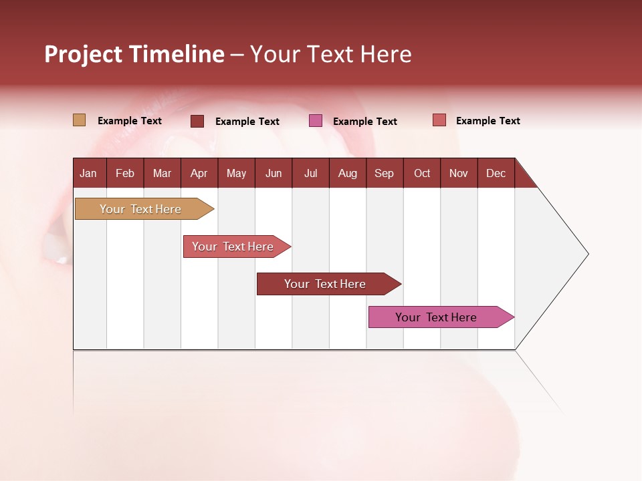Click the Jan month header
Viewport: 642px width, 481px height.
tap(88, 174)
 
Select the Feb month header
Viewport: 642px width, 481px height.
tap(125, 174)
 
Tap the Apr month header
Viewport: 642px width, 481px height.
tap(199, 174)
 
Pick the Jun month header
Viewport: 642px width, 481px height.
tap(274, 174)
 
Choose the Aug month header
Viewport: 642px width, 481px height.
tap(347, 174)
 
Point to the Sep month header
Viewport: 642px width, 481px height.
tap(384, 174)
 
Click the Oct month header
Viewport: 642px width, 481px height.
tap(422, 174)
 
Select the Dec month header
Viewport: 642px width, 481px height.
tap(496, 174)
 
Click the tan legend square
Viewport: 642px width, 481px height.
tap(79, 120)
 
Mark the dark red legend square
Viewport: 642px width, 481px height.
tap(197, 121)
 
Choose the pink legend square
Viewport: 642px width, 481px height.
tap(316, 121)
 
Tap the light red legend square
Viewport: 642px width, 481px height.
tap(439, 120)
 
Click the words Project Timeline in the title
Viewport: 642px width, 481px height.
tap(134, 54)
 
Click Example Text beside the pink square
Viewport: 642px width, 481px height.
tap(364, 122)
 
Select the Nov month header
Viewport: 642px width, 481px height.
tap(459, 174)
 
